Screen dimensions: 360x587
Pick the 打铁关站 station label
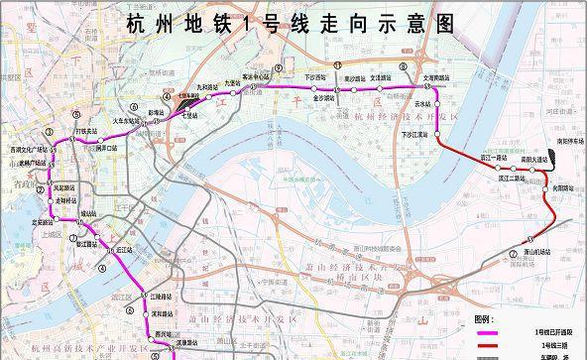point(86,131)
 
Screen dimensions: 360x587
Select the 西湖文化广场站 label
point(56,148)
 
